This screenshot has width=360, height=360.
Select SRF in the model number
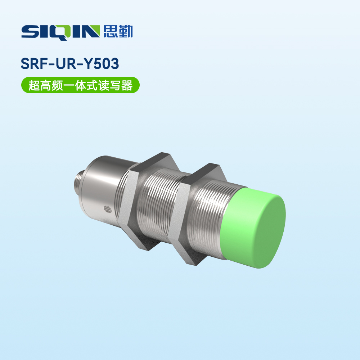[x=36, y=64]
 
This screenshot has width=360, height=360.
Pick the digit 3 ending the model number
[x=114, y=64]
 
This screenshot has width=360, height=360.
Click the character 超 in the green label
[x=34, y=85]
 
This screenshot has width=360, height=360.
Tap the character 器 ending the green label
[x=126, y=85]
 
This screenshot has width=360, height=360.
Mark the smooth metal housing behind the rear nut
[x=104, y=187]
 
